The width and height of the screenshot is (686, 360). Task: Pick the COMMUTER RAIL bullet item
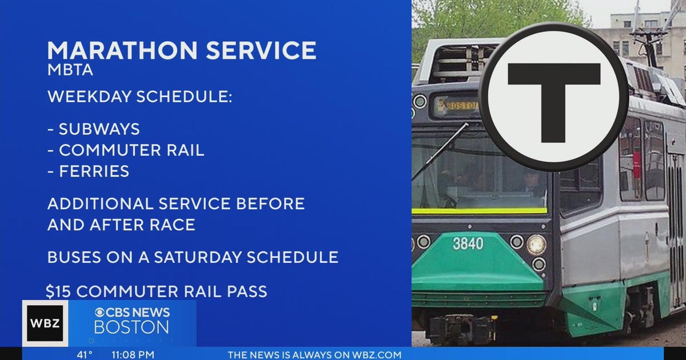click(131, 150)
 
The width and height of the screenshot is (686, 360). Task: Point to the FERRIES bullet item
click(94, 171)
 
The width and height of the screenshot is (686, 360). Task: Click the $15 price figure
click(58, 291)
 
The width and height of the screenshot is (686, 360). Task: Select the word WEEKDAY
click(89, 97)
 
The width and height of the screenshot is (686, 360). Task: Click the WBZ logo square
click(45, 323)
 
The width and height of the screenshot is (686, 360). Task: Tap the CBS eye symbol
click(101, 313)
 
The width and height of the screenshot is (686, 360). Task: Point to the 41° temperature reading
click(85, 355)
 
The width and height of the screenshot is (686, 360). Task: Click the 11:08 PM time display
click(133, 355)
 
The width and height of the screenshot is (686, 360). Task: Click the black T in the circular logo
click(553, 97)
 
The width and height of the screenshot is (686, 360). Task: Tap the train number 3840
click(468, 243)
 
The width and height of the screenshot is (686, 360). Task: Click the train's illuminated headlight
click(536, 244)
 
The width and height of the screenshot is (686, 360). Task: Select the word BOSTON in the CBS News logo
click(131, 327)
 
